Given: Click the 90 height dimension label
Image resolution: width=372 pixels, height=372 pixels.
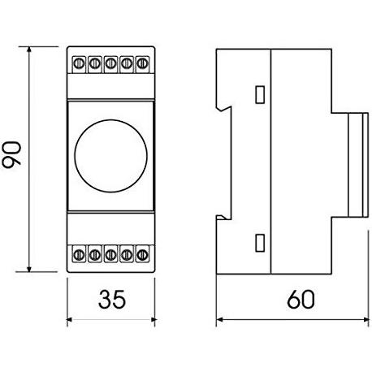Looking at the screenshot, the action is [x=11, y=155].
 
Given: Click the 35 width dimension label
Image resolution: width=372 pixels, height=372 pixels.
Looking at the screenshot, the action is [x=112, y=300].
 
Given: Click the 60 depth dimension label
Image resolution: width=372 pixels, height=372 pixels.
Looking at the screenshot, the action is [x=301, y=300].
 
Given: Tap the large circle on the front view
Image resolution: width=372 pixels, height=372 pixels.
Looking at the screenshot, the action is [x=111, y=156].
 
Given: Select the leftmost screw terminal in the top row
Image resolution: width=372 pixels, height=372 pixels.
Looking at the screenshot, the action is [x=79, y=64].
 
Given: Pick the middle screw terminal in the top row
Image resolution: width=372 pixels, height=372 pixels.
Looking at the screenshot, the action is [x=110, y=64].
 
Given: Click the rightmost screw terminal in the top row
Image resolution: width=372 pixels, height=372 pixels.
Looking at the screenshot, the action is [x=142, y=64].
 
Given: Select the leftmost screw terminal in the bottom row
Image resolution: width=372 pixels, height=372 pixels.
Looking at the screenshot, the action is [x=79, y=254].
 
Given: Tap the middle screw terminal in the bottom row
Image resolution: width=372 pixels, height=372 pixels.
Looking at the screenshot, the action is [x=110, y=254].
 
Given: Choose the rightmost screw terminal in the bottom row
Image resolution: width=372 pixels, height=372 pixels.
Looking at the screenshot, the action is [x=142, y=254].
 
